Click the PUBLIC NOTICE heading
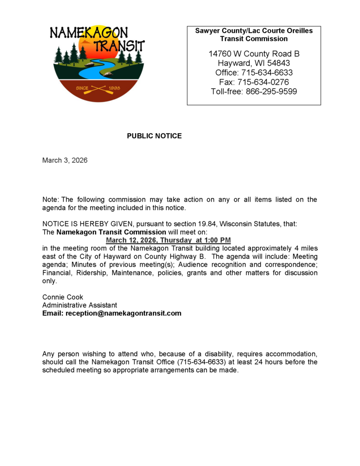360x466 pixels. (154, 136)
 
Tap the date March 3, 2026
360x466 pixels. (65, 160)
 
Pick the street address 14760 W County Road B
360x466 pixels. (254, 54)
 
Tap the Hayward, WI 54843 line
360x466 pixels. (254, 63)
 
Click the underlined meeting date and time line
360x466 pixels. (168, 240)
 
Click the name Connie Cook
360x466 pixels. (63, 297)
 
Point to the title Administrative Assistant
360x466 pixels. (80, 305)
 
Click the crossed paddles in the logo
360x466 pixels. (98, 88)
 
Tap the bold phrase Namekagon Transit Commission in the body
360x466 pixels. (111, 232)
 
